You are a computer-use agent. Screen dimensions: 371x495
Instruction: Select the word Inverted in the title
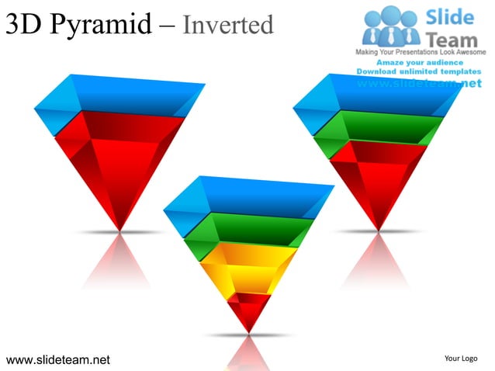click(229, 25)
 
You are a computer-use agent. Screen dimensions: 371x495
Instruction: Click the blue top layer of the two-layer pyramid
click(116, 97)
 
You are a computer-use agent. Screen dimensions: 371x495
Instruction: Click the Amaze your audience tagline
click(420, 62)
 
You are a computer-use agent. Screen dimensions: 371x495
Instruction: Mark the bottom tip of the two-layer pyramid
click(119, 227)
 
